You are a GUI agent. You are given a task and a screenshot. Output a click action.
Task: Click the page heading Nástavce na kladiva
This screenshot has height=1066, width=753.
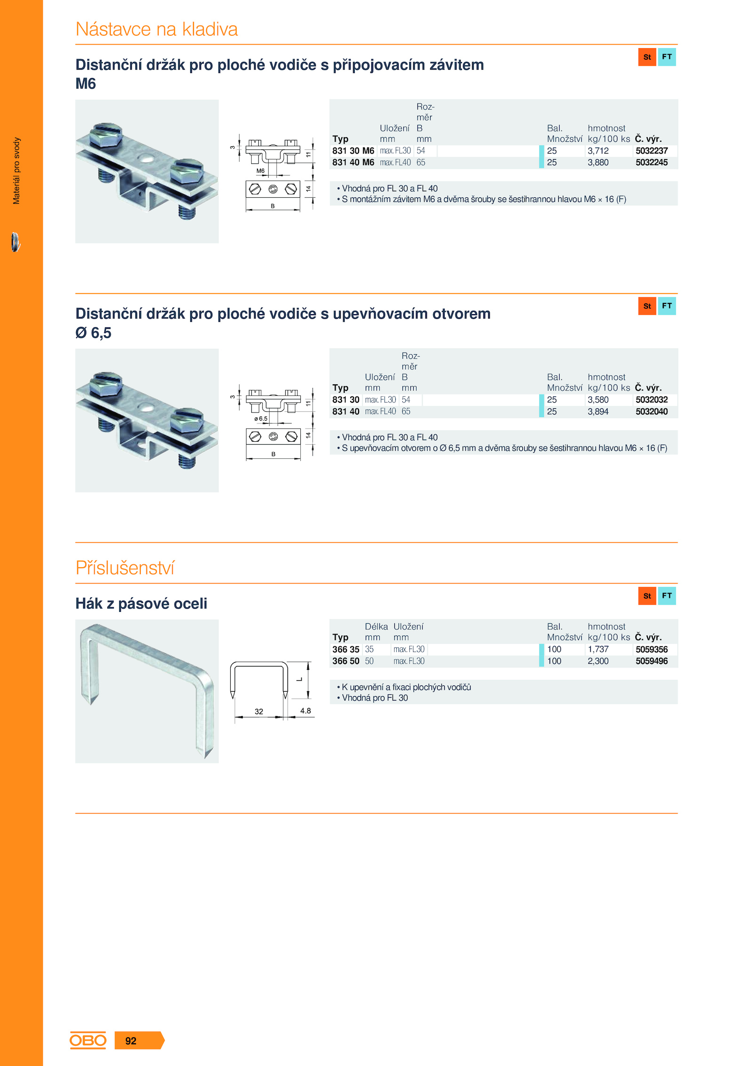(x=157, y=29)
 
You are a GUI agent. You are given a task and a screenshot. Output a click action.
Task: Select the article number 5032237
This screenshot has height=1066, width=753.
(x=651, y=151)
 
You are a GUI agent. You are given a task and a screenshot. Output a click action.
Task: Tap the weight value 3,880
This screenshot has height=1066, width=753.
(x=598, y=163)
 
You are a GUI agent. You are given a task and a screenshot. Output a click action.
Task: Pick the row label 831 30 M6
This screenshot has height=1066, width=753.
(x=353, y=151)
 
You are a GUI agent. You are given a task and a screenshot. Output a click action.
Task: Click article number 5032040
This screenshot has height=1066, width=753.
(x=651, y=412)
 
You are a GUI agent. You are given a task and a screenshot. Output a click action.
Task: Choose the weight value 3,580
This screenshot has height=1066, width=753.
(x=598, y=400)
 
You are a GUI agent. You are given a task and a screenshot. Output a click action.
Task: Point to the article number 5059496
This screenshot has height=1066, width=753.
(x=651, y=661)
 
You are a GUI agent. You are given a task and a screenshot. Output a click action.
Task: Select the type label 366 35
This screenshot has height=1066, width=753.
(x=345, y=650)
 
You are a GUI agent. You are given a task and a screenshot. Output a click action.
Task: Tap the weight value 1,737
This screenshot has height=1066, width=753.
(x=598, y=650)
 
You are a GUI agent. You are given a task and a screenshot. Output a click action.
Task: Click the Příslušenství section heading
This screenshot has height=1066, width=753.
(x=125, y=568)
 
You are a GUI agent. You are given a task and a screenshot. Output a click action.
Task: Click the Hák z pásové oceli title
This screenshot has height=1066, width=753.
(x=141, y=604)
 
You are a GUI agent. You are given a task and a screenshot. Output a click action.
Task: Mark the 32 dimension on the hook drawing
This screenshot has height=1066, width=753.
(x=259, y=712)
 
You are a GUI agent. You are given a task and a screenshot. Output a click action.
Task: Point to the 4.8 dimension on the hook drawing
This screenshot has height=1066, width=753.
(x=305, y=711)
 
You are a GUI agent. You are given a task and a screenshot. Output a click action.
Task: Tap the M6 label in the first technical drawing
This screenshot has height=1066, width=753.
(x=260, y=171)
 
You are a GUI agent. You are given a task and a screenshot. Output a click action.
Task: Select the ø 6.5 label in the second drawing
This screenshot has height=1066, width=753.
(x=261, y=419)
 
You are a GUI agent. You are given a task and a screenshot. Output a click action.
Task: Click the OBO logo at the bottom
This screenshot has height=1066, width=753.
(x=88, y=1041)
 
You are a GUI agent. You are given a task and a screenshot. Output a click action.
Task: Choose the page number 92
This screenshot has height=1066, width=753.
(x=131, y=1041)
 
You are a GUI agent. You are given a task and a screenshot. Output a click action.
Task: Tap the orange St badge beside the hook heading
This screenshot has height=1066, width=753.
(x=647, y=596)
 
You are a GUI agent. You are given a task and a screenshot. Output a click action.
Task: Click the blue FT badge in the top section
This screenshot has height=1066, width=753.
(x=667, y=57)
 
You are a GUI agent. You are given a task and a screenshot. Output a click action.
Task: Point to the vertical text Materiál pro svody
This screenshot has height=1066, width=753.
(x=16, y=171)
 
